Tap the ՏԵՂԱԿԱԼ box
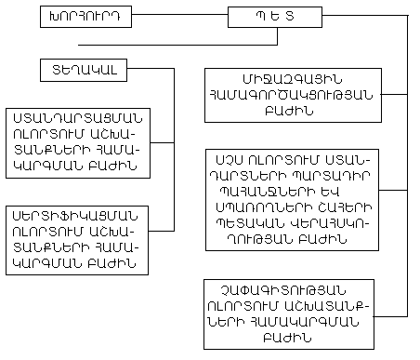click(x=83, y=70)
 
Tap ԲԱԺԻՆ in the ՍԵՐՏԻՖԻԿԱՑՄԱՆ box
click(x=113, y=262)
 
